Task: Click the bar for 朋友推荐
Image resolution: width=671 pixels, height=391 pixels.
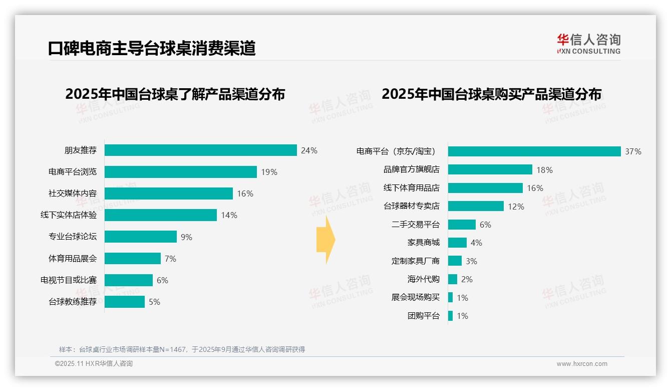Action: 200,150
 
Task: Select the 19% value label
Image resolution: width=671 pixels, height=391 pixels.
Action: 269,172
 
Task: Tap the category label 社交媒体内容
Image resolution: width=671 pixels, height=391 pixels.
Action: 73,193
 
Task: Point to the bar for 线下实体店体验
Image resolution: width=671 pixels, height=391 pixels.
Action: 160,215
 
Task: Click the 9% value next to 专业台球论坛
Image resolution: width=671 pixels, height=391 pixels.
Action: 186,237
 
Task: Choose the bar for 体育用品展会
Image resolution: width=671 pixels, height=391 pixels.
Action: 133,259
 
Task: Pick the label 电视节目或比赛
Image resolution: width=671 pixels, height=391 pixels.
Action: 69,280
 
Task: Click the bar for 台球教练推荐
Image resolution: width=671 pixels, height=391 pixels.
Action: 125,302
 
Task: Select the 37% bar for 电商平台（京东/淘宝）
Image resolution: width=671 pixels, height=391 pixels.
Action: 534,151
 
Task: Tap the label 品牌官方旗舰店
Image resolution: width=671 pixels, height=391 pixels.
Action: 411,169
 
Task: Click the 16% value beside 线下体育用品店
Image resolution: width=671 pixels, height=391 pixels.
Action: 535,188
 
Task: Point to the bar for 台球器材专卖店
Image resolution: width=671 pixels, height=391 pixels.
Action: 476,206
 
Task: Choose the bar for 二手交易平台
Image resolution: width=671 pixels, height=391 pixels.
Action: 462,225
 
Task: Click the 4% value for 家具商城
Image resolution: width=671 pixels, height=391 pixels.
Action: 476,243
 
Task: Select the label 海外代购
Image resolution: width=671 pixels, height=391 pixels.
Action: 423,279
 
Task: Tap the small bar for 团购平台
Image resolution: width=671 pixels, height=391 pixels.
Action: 451,316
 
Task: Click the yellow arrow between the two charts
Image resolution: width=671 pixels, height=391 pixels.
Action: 325,240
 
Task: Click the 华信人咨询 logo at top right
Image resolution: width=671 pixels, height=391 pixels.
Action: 588,44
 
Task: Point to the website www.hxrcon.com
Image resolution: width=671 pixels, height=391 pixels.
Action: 581,364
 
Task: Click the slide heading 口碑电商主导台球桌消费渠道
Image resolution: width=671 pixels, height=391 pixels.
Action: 152,48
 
